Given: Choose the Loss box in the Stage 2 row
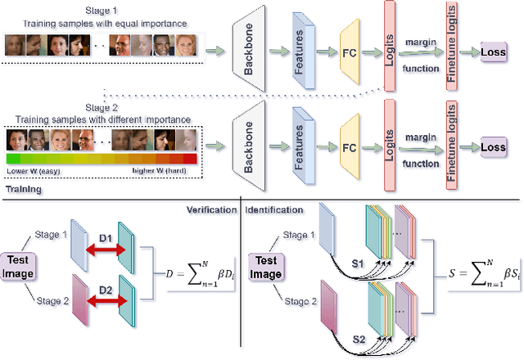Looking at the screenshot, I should click(x=494, y=147).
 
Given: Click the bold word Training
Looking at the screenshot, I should click(x=25, y=188).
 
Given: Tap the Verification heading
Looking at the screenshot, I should click(x=206, y=209).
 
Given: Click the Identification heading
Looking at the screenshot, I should click(x=275, y=209).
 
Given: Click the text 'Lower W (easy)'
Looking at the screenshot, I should click(x=31, y=172).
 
